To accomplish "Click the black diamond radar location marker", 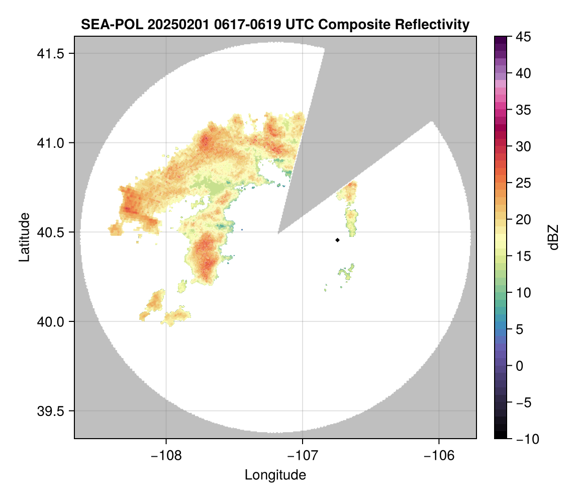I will tap(337, 240).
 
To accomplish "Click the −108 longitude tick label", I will tap(166, 455).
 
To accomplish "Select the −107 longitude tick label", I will tap(303, 455).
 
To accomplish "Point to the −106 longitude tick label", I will tap(439, 455).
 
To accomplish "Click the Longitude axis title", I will tap(275, 475).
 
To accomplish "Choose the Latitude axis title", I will tap(24, 237).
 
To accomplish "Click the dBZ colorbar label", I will tap(553, 237).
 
